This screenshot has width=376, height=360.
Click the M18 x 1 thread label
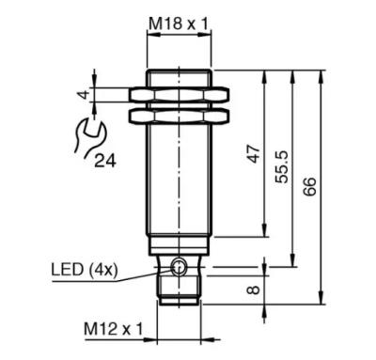179,23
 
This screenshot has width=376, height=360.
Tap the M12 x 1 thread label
113,329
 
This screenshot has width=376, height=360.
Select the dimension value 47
255,153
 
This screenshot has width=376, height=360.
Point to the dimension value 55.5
281,166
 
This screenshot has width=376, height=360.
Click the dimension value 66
309,186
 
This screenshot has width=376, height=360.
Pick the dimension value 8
254,290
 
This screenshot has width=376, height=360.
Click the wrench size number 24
105,161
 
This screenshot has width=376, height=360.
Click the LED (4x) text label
85,270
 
